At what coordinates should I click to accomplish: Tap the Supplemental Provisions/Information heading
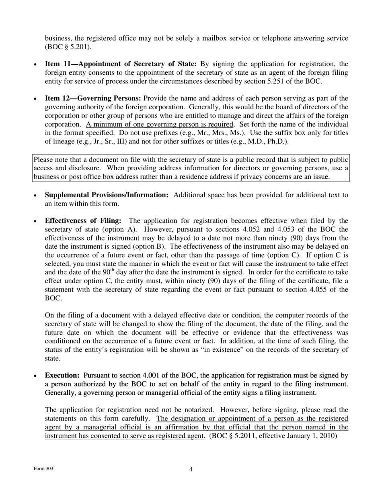(107, 195)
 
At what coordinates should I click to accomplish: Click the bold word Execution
(62, 376)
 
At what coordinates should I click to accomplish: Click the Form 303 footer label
(43, 469)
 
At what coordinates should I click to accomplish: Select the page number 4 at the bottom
(191, 470)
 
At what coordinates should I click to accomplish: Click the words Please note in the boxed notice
(49, 159)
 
